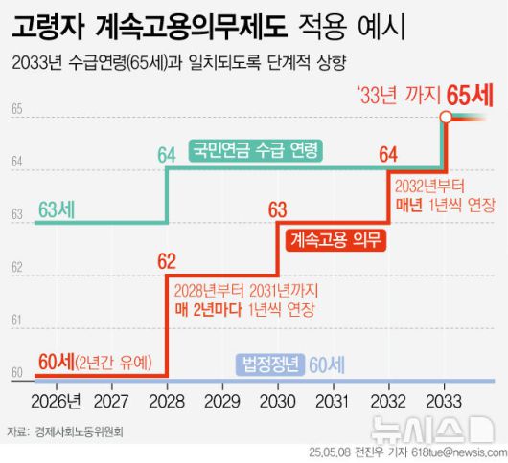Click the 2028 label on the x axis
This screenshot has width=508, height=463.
pyautogui.click(x=168, y=398)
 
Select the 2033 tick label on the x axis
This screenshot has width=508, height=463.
pyautogui.click(x=442, y=398)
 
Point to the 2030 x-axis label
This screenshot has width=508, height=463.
pyautogui.click(x=278, y=398)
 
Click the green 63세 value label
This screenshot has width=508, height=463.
pyautogui.click(x=59, y=209)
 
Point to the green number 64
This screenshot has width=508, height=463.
pyautogui.click(x=167, y=153)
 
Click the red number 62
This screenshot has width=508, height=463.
pyautogui.click(x=167, y=260)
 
